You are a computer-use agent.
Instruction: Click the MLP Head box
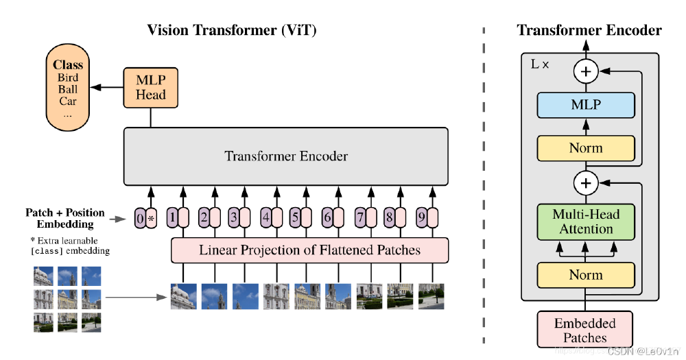tap(150, 87)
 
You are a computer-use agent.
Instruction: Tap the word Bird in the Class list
tap(68, 77)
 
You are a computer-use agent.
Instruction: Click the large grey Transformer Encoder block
tap(286, 156)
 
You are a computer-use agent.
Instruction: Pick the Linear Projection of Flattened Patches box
tap(309, 250)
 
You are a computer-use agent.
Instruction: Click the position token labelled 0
tap(141, 218)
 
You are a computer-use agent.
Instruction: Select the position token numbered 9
tap(421, 218)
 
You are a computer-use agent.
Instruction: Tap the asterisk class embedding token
tap(152, 218)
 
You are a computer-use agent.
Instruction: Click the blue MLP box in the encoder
tap(586, 105)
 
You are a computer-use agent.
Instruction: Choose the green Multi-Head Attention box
tap(586, 221)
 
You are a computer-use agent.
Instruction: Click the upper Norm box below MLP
tap(586, 148)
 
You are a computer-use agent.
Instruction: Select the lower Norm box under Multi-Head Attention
tap(586, 275)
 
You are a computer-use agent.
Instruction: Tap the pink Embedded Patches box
tap(585, 330)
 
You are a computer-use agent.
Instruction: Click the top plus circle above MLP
tap(586, 71)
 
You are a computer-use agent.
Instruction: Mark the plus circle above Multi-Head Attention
tap(586, 182)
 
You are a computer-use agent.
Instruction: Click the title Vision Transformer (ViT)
tap(233, 30)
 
